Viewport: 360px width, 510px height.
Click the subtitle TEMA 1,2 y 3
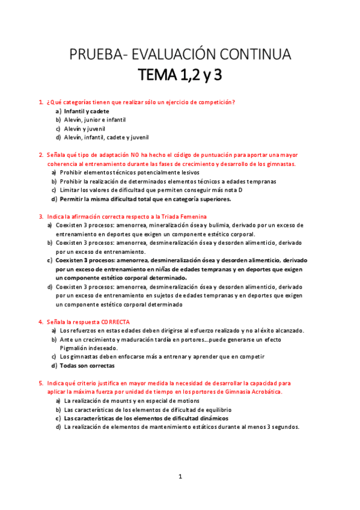[180, 76]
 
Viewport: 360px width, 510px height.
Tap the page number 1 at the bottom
[180, 477]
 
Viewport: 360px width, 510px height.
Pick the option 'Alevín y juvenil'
[85, 128]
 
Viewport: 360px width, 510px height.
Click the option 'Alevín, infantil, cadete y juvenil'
[106, 137]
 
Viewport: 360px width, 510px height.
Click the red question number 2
[40, 155]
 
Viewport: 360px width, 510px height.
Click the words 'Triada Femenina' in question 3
[185, 217]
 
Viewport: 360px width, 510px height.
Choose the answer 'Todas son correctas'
[87, 365]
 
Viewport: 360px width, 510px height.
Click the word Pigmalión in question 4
[72, 348]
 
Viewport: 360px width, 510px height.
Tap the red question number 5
[40, 382]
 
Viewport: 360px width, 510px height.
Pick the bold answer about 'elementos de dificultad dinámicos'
[147, 418]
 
